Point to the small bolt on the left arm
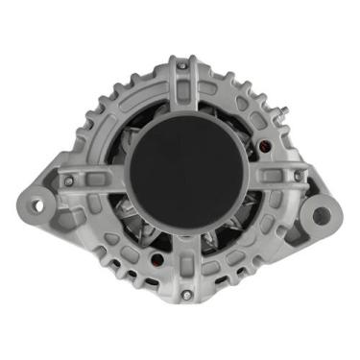68,180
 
